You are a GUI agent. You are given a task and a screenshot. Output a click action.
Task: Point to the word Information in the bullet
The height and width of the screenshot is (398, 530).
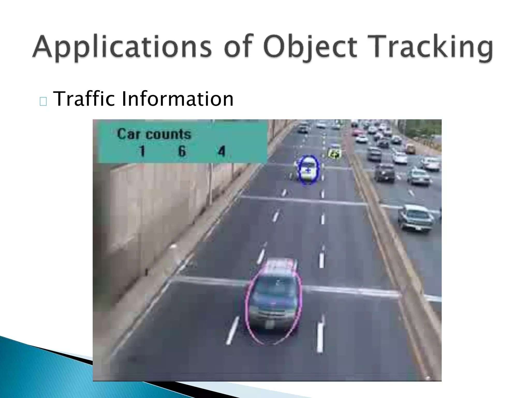tap(177, 99)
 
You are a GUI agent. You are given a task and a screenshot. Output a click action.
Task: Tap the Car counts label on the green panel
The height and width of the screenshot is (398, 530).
tap(154, 134)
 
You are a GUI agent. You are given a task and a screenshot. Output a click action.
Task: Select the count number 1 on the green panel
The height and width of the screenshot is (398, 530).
tap(142, 151)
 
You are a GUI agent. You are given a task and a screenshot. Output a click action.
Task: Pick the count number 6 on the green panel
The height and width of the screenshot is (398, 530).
tap(182, 151)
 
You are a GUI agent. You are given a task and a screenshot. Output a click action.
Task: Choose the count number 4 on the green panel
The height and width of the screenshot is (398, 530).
tap(222, 151)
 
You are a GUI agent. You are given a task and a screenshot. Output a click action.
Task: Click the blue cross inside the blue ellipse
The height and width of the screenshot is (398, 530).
tap(308, 170)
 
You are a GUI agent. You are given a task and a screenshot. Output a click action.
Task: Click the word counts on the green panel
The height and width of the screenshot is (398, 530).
tap(168, 134)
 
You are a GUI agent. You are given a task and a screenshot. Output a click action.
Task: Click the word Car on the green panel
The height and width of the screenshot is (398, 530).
tap(128, 134)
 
